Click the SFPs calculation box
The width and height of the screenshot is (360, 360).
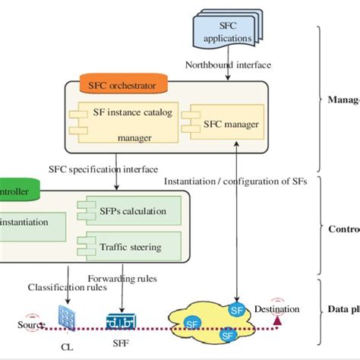pos(129,210)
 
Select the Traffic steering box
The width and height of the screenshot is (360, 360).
pos(129,245)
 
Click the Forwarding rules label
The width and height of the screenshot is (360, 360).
pos(122,278)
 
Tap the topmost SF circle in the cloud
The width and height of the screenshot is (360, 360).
pos(238,310)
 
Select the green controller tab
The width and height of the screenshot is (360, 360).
pos(15,193)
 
